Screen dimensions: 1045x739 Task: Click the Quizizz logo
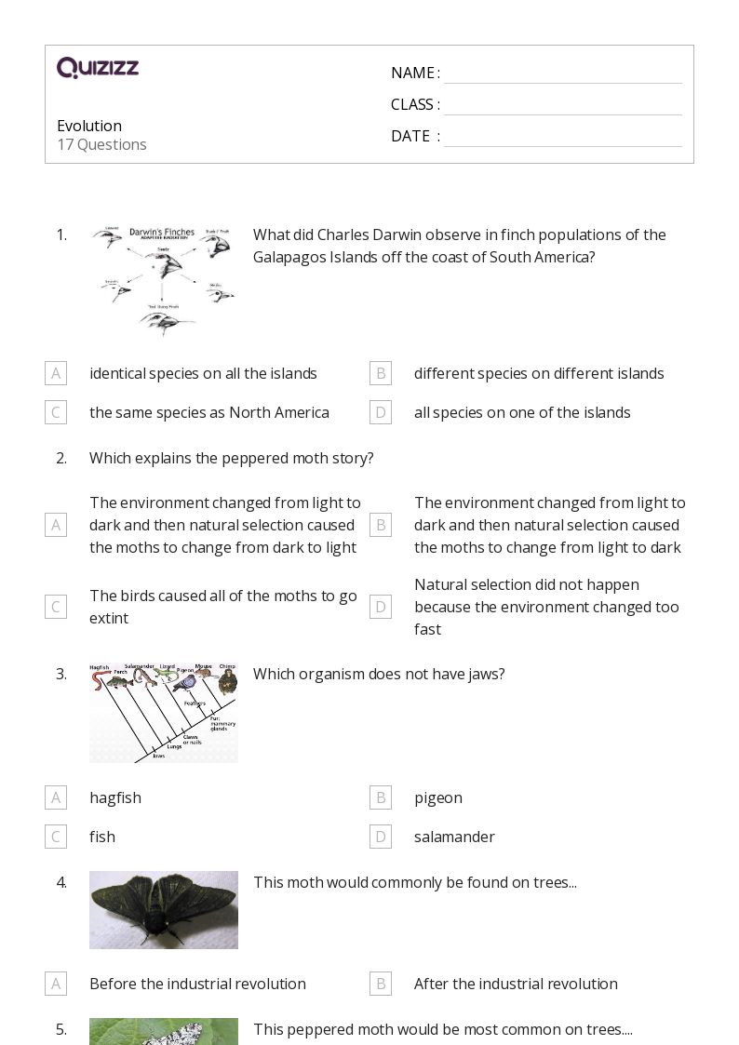(98, 68)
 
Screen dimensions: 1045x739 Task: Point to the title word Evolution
(89, 126)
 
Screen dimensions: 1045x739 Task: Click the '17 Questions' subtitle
(101, 144)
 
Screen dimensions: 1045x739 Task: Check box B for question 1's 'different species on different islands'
(380, 373)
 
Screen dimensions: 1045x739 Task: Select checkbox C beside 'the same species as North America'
(56, 412)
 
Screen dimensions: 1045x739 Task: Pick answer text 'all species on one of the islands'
(522, 412)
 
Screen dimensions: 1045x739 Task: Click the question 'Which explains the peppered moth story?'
(231, 458)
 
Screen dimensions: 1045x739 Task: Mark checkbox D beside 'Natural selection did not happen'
(380, 607)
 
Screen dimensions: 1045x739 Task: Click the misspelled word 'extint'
(109, 618)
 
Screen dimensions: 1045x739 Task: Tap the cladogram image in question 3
(164, 713)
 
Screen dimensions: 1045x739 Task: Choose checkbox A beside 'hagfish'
(56, 797)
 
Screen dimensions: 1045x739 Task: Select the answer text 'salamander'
(454, 837)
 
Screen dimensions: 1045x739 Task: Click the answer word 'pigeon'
(437, 797)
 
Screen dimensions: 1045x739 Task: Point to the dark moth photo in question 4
(164, 910)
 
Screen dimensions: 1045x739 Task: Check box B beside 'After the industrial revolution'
(380, 984)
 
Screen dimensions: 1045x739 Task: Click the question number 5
(61, 1029)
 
